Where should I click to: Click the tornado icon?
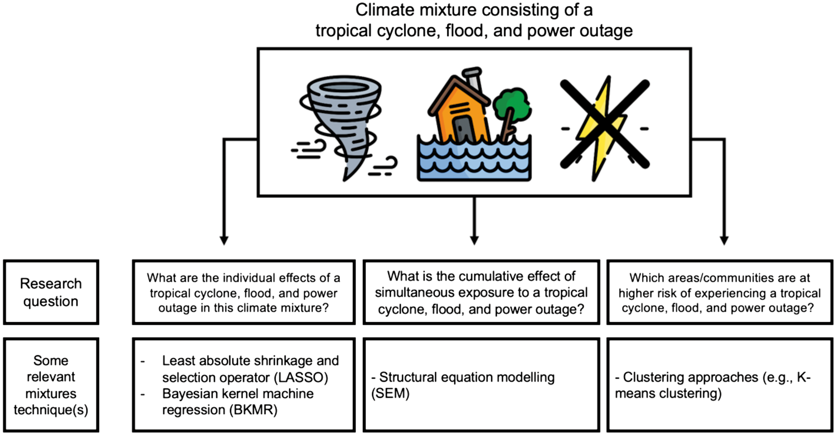click(343, 125)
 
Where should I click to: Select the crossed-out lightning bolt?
click(604, 125)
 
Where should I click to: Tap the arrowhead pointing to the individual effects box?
click(224, 240)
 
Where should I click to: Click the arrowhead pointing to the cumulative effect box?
click(474, 240)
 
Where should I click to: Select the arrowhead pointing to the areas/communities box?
click(724, 240)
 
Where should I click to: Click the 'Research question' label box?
click(51, 292)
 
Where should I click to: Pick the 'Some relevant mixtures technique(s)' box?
click(51, 385)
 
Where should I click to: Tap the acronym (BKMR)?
click(253, 410)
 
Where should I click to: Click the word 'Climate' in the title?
click(382, 10)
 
